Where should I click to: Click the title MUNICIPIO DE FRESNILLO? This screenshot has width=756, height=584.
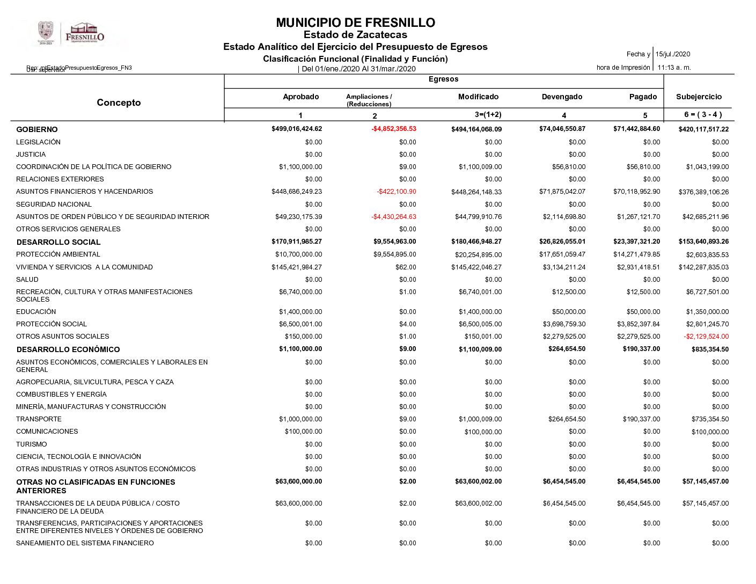pos(355,23)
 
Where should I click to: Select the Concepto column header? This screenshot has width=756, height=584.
pos(119,103)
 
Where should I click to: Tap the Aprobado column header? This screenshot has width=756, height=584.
pos(300,97)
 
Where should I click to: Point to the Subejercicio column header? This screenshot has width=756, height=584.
pos(699,97)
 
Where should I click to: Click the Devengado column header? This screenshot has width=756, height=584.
pos(562,97)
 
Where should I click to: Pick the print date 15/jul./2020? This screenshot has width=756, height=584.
pos(673,54)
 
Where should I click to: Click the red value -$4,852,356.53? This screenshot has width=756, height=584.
pos(394,129)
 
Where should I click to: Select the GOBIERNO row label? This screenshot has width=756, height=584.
pos(37,129)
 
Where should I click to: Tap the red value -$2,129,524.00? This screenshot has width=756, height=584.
pos(706,337)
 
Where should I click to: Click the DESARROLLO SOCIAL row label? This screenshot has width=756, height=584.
pos(58,242)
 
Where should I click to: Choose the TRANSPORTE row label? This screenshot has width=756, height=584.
pos(39,419)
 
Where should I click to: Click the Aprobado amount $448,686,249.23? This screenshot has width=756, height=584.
pos(297,192)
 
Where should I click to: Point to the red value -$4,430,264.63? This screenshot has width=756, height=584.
pos(394,217)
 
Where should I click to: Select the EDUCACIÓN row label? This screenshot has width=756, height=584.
pos(36,312)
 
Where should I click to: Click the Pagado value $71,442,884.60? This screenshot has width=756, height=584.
pos(636,129)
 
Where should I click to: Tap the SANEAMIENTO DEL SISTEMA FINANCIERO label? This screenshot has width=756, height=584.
pos(85,543)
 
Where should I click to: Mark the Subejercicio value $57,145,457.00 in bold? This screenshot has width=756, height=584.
pos(706,481)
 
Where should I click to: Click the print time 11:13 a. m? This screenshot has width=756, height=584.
pos(674,68)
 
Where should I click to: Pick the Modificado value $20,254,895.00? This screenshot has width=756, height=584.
pos(478,255)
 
